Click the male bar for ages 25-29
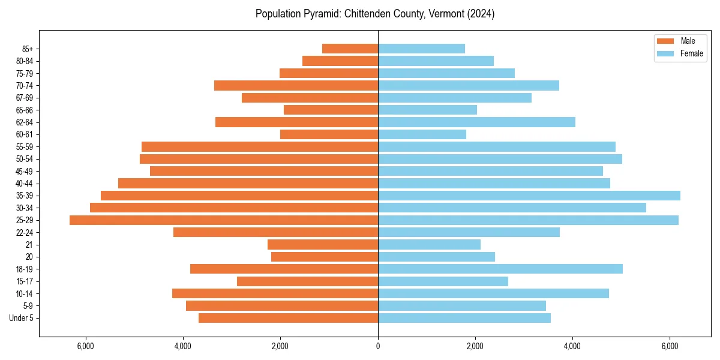[x=224, y=220]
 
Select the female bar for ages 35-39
[x=529, y=196]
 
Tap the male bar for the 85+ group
[x=350, y=49]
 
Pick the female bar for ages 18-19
[x=500, y=269]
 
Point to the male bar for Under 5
[x=288, y=318]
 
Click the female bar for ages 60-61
[x=422, y=134]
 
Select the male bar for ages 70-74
[x=296, y=86]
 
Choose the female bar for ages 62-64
[x=476, y=122]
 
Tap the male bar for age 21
[x=323, y=245]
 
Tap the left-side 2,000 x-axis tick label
[x=280, y=346]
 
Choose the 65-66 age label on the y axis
[x=25, y=110]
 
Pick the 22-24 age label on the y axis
[x=25, y=233]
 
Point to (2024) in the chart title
[x=481, y=14]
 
